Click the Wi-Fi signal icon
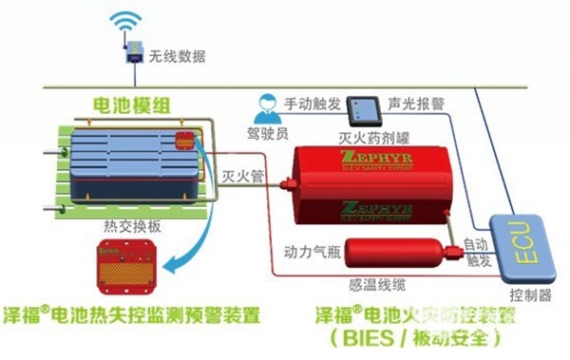tap(123, 21)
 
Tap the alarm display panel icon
tap(361, 107)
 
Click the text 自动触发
tap(477, 252)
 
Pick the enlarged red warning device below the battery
tap(127, 268)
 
